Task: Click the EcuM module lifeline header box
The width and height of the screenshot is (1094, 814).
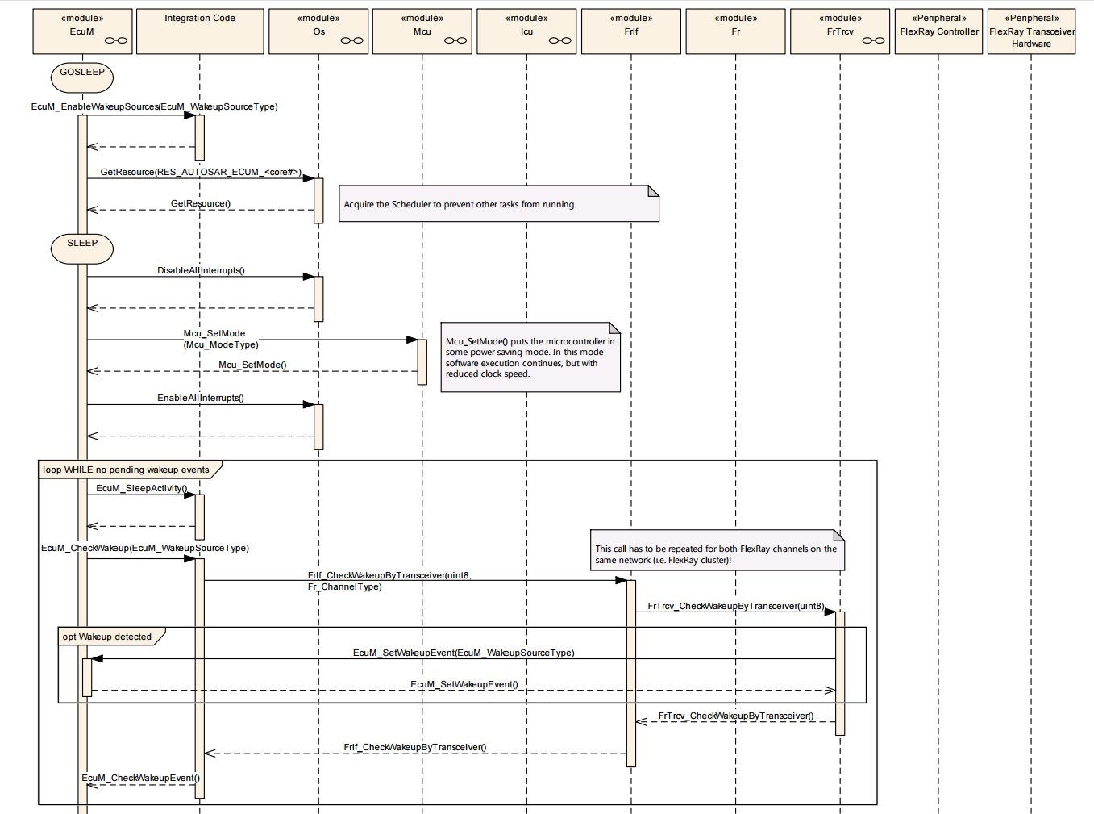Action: point(82,31)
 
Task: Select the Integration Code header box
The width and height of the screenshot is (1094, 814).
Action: point(200,31)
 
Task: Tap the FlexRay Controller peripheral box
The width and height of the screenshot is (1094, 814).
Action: point(938,31)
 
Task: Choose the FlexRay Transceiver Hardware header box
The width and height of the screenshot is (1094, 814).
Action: point(1031,31)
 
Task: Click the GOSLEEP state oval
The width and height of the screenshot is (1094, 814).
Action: point(82,77)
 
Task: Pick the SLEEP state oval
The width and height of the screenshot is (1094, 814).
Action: point(82,248)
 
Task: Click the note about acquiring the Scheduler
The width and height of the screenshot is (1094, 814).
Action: point(499,204)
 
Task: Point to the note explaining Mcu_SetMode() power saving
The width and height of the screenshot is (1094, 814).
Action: point(530,357)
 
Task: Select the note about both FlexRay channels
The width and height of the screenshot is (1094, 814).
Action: point(718,550)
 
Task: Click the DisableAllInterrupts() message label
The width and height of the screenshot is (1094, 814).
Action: point(201,270)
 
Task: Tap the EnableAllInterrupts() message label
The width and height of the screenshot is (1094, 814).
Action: point(200,398)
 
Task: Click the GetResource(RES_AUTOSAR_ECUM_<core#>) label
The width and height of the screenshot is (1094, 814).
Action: point(201,173)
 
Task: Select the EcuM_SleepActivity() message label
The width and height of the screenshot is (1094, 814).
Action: point(142,488)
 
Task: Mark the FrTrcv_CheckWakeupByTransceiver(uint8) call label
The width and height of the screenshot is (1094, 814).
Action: point(736,606)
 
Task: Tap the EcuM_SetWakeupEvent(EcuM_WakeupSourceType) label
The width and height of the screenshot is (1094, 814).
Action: point(464,653)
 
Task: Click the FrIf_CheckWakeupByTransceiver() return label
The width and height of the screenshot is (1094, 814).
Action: point(415,747)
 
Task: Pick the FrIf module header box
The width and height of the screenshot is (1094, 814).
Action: point(631,31)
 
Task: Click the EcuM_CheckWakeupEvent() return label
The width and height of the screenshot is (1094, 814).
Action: point(140,778)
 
